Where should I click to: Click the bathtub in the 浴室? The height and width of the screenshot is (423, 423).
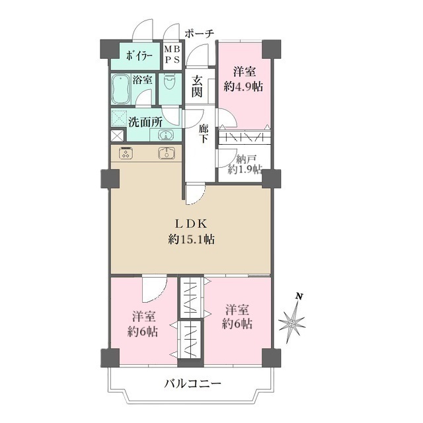click(121, 89)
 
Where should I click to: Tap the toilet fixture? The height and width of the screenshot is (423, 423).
click(170, 81)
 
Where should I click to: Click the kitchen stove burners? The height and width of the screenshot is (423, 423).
click(126, 153)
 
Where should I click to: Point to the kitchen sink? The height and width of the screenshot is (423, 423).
click(166, 153)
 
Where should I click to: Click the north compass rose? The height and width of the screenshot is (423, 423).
click(292, 323)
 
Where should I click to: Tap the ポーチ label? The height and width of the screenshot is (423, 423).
click(200, 34)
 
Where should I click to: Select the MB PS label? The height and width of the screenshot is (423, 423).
click(172, 54)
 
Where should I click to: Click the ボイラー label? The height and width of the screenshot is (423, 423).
click(139, 56)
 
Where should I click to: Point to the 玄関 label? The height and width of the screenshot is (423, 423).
click(197, 86)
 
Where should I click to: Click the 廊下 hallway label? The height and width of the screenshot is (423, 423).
click(204, 134)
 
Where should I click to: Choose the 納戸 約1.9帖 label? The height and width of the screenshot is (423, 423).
click(245, 165)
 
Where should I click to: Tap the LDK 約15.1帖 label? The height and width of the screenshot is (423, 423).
click(191, 232)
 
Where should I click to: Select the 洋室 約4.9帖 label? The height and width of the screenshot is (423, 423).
click(244, 79)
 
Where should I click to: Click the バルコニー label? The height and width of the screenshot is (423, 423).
click(192, 383)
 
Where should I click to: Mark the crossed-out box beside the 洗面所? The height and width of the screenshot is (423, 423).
click(118, 135)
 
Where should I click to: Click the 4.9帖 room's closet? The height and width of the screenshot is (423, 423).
click(245, 137)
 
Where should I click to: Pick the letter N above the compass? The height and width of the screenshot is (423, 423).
click(299, 297)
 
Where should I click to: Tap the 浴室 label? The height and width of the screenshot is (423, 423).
click(142, 80)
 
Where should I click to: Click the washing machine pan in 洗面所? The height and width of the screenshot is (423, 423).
click(119, 118)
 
